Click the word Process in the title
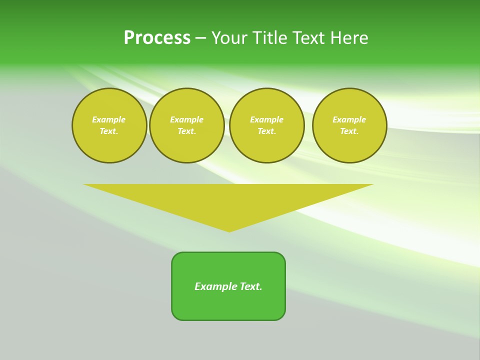pos(157,38)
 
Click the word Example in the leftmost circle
pos(109,119)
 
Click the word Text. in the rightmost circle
pos(349,131)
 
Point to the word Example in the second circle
pos(187,119)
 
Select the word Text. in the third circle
pos(266,131)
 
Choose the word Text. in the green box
pos(251,286)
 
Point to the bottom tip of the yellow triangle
pos(229,231)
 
